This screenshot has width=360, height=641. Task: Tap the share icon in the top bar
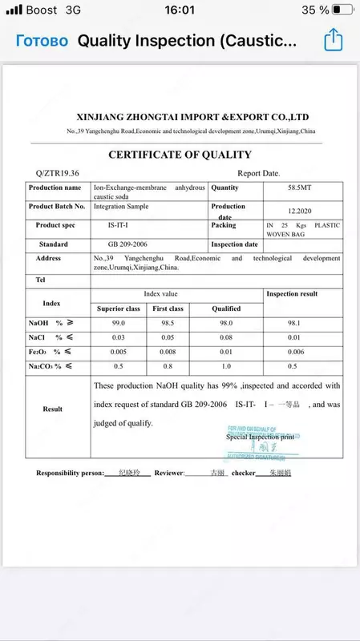pos(333,40)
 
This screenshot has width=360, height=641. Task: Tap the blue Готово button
pos(42,41)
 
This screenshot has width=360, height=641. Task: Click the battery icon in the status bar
pos(342,10)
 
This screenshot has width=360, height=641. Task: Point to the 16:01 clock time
pos(180,10)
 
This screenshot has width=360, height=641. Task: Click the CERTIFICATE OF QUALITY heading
pos(180,155)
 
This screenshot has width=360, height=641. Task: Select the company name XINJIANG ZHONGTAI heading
pos(192,116)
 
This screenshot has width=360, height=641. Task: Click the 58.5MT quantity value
pos(302,187)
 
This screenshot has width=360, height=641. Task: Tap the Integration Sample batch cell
pos(121,206)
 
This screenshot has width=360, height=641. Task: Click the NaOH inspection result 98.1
pos(303,323)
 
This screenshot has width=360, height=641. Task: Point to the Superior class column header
pos(119,308)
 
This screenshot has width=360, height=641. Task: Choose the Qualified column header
pos(226,308)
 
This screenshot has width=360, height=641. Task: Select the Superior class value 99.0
pos(119,323)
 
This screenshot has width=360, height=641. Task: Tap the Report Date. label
pos(258,173)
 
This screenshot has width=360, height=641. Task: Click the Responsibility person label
pos(70,474)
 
